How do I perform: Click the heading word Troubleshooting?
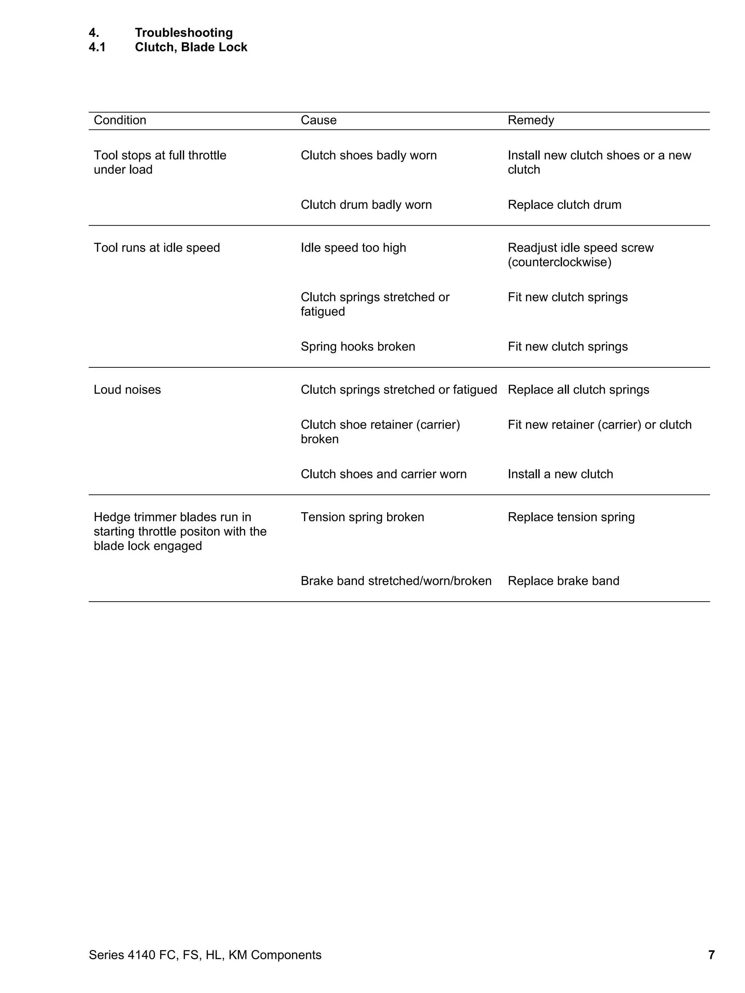click(x=184, y=33)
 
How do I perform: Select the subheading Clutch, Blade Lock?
click(x=191, y=47)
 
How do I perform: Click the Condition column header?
click(x=120, y=120)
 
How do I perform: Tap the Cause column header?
click(x=318, y=120)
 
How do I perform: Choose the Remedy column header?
click(x=531, y=120)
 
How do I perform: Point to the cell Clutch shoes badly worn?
click(x=368, y=155)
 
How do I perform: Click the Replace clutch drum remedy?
click(x=564, y=205)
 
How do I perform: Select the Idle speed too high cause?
click(x=353, y=248)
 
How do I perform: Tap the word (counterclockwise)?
click(x=559, y=262)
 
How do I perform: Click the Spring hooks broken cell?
click(x=358, y=347)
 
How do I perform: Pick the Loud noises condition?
click(x=127, y=390)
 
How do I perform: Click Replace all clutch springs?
click(x=578, y=390)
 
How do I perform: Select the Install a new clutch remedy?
click(x=560, y=474)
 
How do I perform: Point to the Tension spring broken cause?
click(x=362, y=517)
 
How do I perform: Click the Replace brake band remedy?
click(x=563, y=581)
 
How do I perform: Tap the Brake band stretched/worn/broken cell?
click(x=396, y=581)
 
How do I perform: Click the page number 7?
click(x=711, y=955)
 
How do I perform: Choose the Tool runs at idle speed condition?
click(x=157, y=248)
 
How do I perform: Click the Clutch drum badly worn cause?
click(x=366, y=205)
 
